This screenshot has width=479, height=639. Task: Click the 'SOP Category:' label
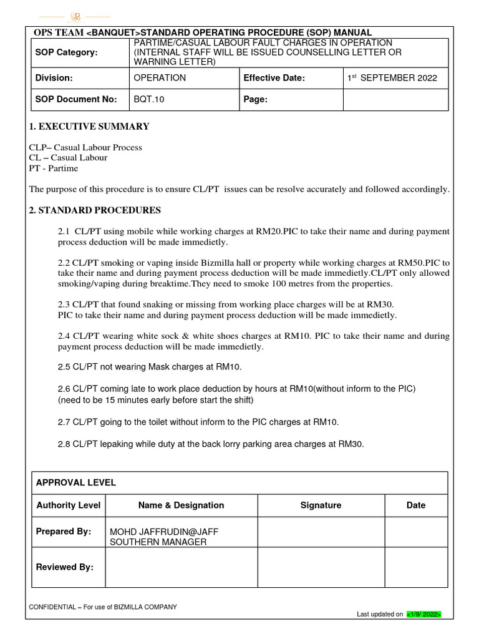(67, 52)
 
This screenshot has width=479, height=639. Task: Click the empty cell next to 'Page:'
(395, 99)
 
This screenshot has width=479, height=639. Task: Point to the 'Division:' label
(54, 78)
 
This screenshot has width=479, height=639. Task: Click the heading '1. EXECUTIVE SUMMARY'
(89, 127)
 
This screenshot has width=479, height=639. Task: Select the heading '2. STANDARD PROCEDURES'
(95, 210)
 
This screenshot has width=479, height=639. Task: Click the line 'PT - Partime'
(54, 168)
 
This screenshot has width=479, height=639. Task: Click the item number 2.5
(65, 366)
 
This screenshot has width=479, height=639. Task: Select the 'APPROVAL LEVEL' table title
(76, 483)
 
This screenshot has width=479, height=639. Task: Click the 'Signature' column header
(321, 505)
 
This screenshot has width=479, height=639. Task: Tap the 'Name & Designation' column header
(181, 505)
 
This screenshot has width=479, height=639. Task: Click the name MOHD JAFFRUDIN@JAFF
(163, 532)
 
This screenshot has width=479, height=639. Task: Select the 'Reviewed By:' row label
(65, 567)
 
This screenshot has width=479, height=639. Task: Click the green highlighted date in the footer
(423, 615)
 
